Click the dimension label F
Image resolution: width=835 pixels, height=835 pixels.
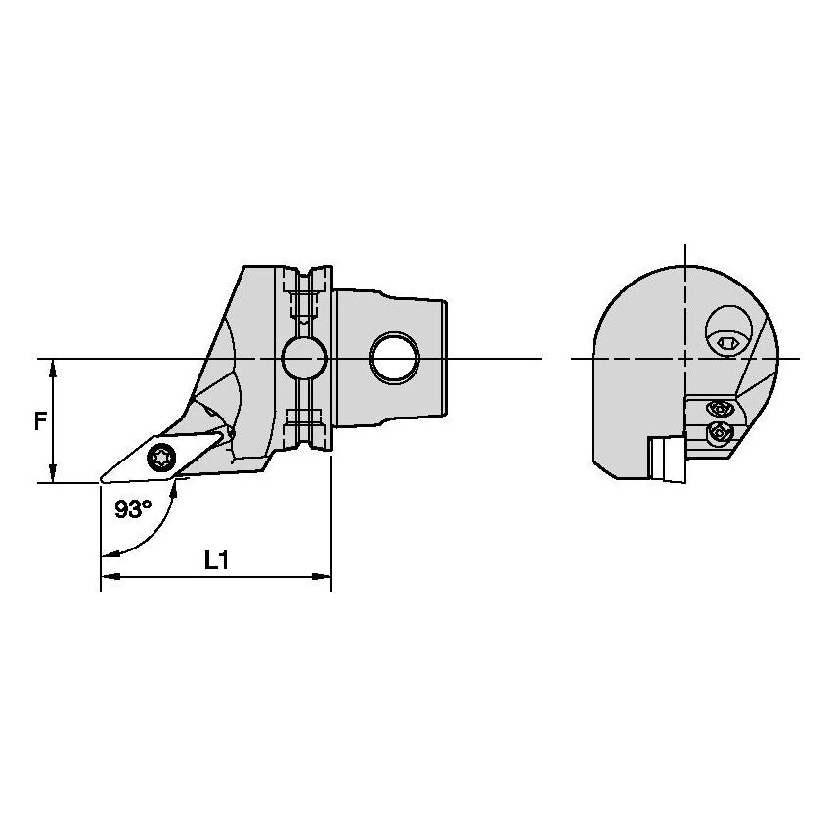coord(40,421)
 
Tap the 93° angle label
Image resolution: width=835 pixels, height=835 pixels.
coord(133,509)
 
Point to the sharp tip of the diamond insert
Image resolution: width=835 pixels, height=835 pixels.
coord(101,482)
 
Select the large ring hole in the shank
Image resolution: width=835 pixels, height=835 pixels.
coord(395,357)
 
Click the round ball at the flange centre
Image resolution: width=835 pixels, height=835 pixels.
coord(303,359)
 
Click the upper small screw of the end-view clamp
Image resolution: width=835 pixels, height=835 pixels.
coord(720,409)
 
